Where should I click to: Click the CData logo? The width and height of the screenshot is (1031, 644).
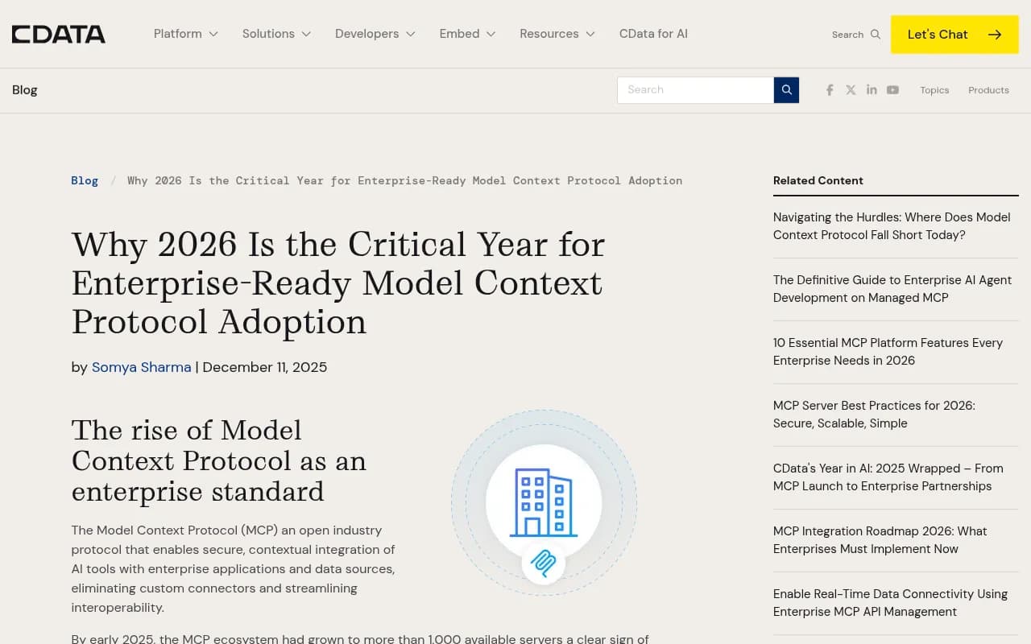[x=58, y=34]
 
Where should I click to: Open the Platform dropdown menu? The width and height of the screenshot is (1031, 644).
[x=185, y=34]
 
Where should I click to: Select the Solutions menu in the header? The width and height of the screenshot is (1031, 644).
[x=276, y=34]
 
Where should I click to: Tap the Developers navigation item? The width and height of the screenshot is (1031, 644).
[x=375, y=34]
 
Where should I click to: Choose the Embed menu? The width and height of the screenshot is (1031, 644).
[x=467, y=34]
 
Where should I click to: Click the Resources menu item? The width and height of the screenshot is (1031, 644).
[x=557, y=34]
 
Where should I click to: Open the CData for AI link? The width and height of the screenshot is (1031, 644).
[x=653, y=34]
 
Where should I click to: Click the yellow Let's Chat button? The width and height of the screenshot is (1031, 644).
[x=954, y=35]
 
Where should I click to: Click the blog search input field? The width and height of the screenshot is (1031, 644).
[x=695, y=90]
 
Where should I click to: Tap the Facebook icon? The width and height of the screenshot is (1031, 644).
[x=830, y=90]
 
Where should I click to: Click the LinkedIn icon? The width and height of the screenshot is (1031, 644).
[x=872, y=90]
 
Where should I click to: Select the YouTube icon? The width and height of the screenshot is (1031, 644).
[x=892, y=90]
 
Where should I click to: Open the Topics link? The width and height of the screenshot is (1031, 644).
[x=934, y=90]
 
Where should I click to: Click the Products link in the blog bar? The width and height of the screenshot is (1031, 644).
[x=988, y=90]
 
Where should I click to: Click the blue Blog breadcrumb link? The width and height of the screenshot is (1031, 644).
[x=85, y=180]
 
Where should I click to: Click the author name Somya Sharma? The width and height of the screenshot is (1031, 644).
[x=141, y=367]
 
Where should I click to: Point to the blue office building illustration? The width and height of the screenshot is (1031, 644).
[x=544, y=502]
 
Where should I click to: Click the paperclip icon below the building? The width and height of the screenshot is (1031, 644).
[x=544, y=563]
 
